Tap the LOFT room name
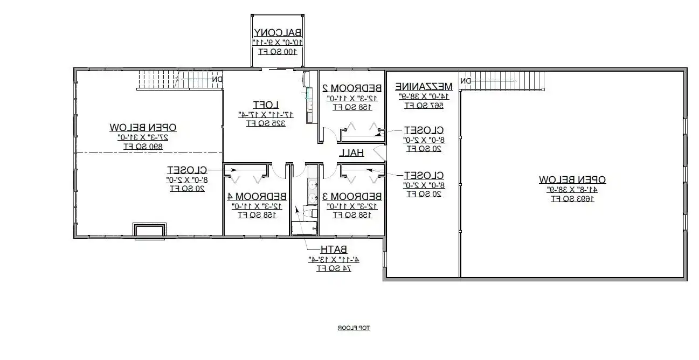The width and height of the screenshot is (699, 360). [x=266, y=105]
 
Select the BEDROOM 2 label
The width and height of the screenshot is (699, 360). [x=352, y=88]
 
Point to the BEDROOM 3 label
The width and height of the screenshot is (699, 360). [x=352, y=196]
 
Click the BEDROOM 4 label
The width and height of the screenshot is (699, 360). [x=257, y=196]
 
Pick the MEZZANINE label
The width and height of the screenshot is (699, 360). [x=423, y=86]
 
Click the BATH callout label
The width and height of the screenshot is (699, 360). [x=334, y=250]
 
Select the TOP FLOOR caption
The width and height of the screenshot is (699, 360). [x=354, y=328]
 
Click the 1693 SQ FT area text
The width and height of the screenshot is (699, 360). [x=572, y=199]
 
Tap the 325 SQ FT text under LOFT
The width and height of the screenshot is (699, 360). [x=266, y=123]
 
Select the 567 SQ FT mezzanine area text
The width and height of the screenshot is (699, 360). [x=423, y=106]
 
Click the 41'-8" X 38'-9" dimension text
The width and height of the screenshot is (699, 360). [x=572, y=190]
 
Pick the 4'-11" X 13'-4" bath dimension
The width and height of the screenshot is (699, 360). [x=334, y=259]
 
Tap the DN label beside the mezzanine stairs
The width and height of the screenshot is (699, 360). [x=465, y=81]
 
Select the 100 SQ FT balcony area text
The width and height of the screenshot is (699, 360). [x=278, y=52]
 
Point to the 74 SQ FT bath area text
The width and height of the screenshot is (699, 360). [x=334, y=268]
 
